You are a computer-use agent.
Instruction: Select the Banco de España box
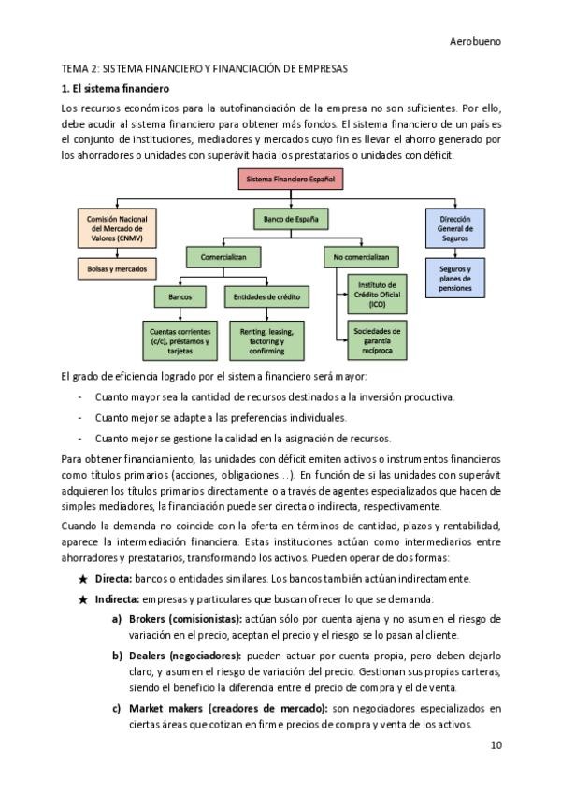click(x=291, y=221)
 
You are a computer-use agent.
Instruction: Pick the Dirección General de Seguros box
click(x=454, y=228)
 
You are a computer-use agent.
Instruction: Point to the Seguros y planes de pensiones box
click(x=454, y=278)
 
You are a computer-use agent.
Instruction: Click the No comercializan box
click(x=359, y=256)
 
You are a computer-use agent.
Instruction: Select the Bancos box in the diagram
click(x=180, y=297)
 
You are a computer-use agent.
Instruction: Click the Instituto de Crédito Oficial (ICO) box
click(x=377, y=294)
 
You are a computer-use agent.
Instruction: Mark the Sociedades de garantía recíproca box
click(x=377, y=339)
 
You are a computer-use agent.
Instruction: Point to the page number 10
click(x=496, y=745)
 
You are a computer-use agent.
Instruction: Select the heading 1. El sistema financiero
click(x=115, y=89)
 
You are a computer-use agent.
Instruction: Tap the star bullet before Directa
click(x=83, y=579)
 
